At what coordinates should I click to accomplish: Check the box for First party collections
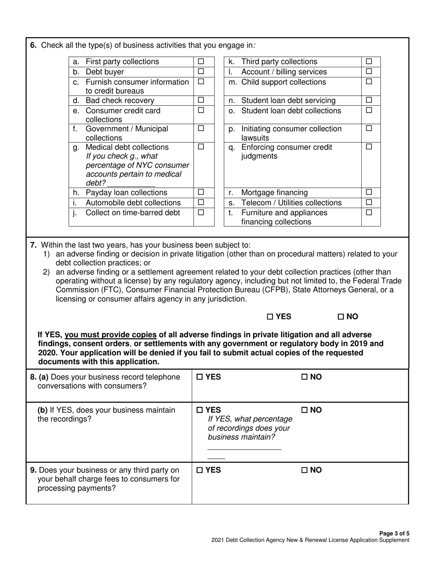(201, 61)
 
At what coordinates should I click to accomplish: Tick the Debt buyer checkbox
(201, 71)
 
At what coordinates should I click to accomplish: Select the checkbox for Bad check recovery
(201, 100)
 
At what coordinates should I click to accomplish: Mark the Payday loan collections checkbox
(201, 193)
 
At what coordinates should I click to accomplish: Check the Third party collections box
(369, 61)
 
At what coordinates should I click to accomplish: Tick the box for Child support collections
(369, 82)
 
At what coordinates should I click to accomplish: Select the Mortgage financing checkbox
(369, 193)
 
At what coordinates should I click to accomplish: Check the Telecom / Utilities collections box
(369, 202)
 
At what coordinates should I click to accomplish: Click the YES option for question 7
(270, 317)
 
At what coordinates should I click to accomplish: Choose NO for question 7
(340, 317)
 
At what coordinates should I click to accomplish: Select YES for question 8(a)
(200, 377)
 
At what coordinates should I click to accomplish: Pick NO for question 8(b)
(304, 410)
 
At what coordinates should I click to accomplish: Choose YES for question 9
(200, 470)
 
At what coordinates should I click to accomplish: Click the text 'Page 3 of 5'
(395, 533)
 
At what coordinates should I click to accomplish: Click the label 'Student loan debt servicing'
(288, 100)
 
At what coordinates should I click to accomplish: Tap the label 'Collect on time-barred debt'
(133, 212)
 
